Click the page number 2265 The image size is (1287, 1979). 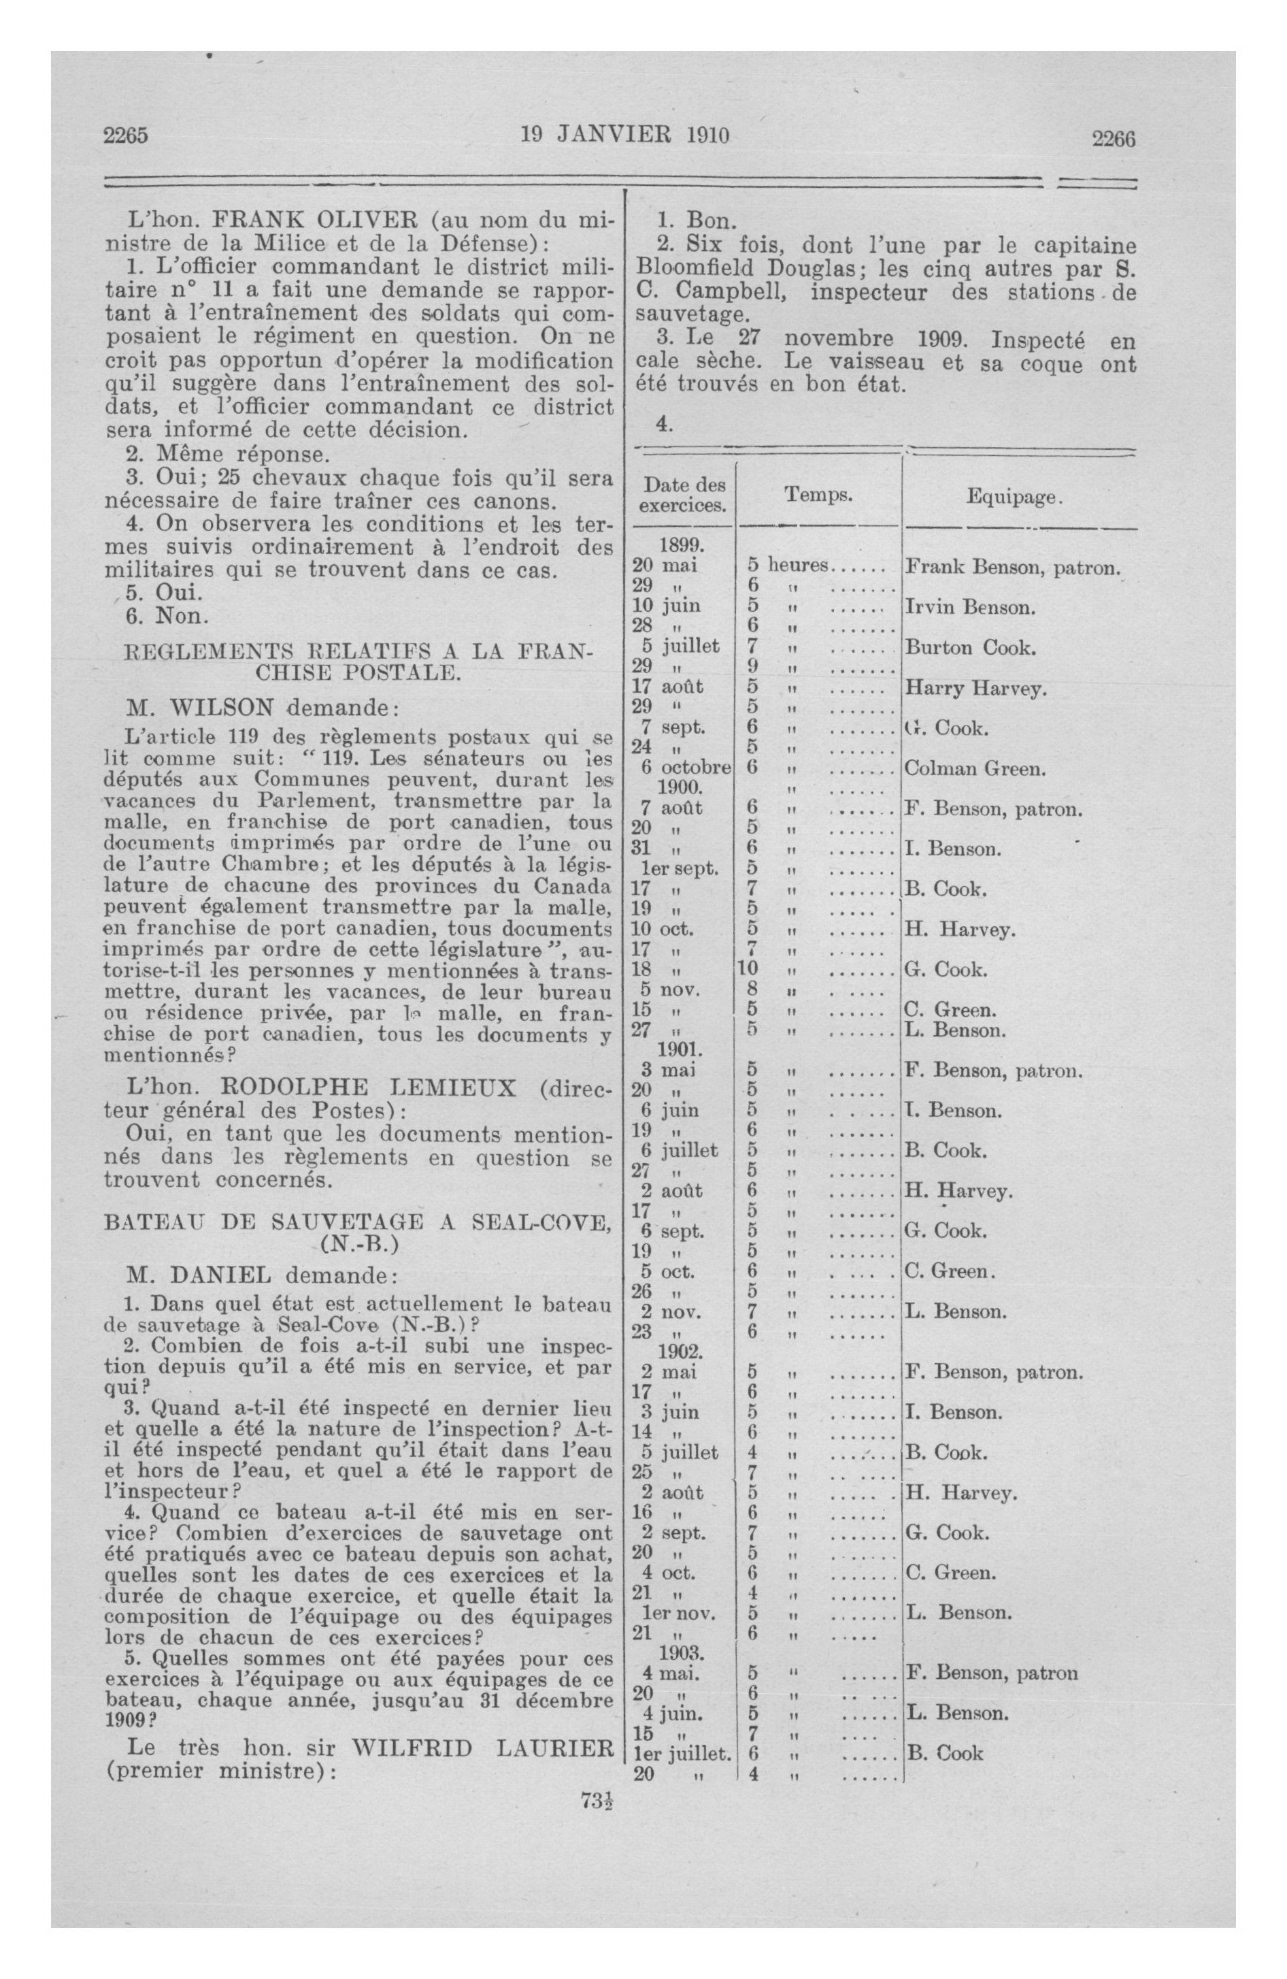126,135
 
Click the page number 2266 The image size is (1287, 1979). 1114,139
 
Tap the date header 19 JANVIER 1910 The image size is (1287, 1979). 624,135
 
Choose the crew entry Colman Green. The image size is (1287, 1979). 973,768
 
